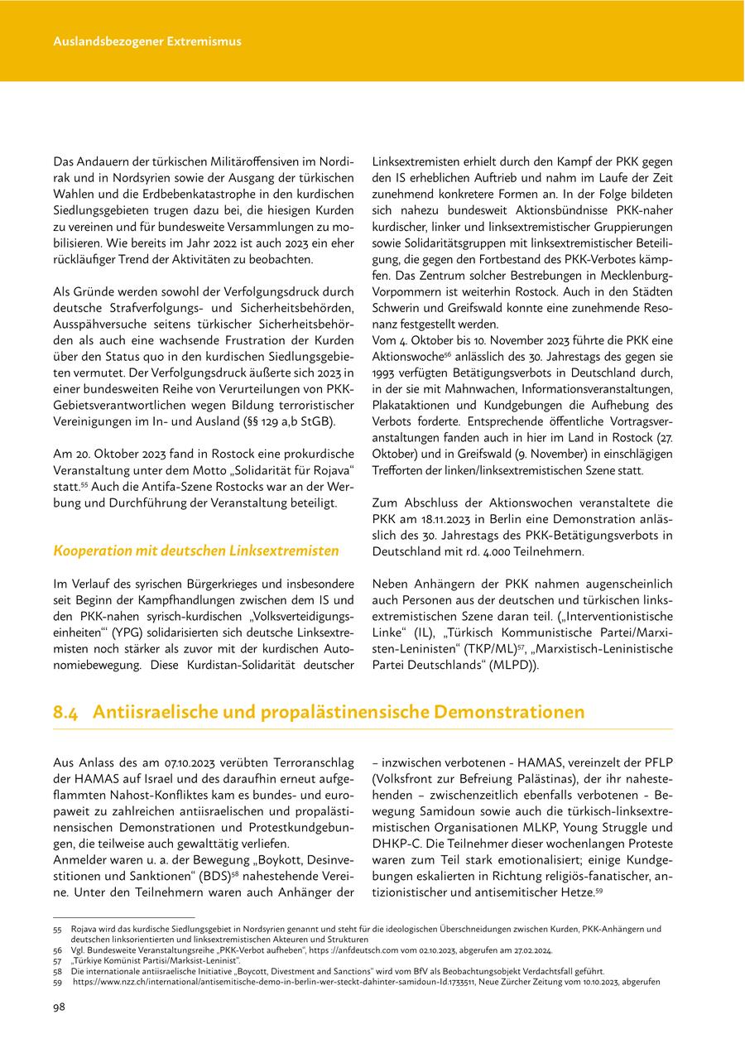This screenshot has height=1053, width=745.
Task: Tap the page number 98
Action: coord(60,1007)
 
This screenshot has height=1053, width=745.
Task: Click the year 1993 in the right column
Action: coord(387,373)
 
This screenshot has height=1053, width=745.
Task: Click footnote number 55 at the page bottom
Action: coord(58,930)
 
